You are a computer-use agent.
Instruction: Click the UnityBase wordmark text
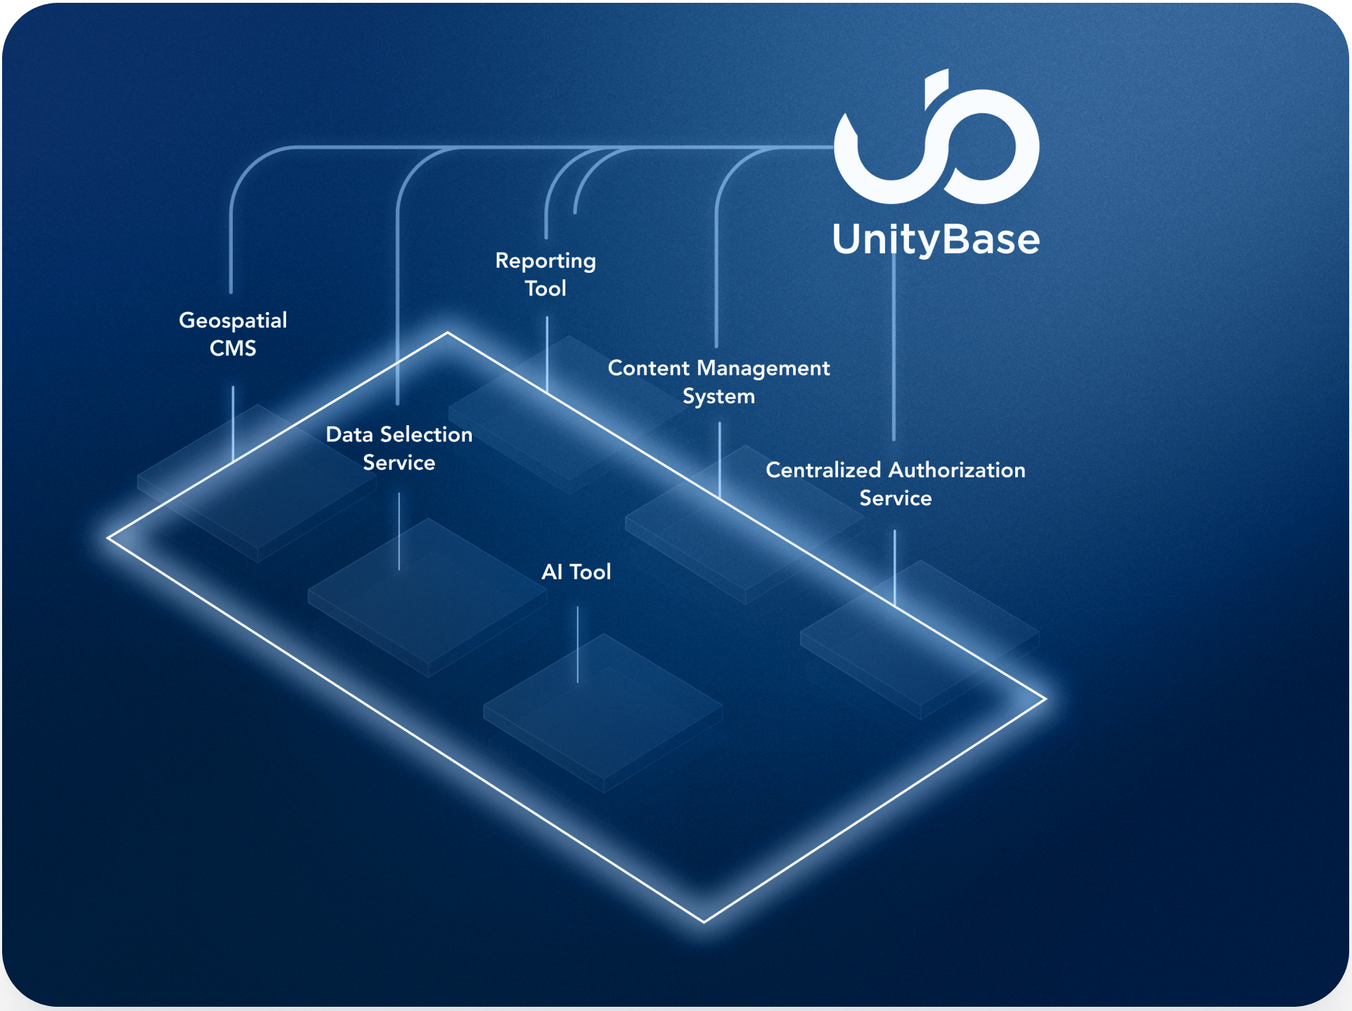(936, 240)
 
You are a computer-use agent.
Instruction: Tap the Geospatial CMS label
(233, 334)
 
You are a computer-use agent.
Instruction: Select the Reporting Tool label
(546, 274)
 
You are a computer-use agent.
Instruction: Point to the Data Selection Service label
(399, 448)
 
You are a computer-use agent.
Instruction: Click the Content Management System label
(719, 382)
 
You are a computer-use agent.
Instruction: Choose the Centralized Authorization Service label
(895, 484)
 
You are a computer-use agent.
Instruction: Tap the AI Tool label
(576, 572)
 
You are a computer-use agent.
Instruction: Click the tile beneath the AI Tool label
(603, 710)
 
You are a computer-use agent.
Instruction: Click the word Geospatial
(233, 321)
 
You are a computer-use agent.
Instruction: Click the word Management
(763, 368)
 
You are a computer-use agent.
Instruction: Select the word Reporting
(546, 261)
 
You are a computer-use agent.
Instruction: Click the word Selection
(425, 434)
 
